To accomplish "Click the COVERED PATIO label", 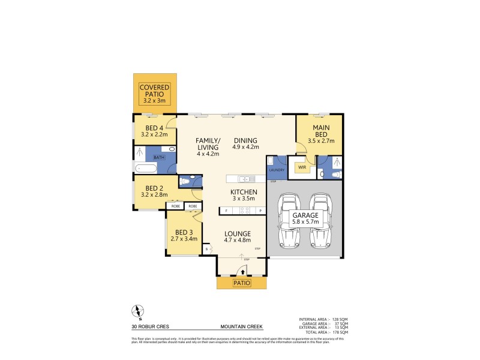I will click(x=155, y=91).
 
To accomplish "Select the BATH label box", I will click(x=159, y=157).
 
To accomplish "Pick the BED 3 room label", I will click(x=184, y=233).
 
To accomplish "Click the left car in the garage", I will click(x=289, y=220).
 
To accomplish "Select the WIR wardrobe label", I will click(x=303, y=168).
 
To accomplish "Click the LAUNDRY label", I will click(x=277, y=170).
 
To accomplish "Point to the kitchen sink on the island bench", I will click(x=245, y=179).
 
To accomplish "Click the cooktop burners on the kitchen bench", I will click(x=245, y=211).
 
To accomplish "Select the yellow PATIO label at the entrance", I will click(x=241, y=283).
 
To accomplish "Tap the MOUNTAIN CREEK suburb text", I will click(x=241, y=328).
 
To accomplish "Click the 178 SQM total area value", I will click(x=340, y=332).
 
